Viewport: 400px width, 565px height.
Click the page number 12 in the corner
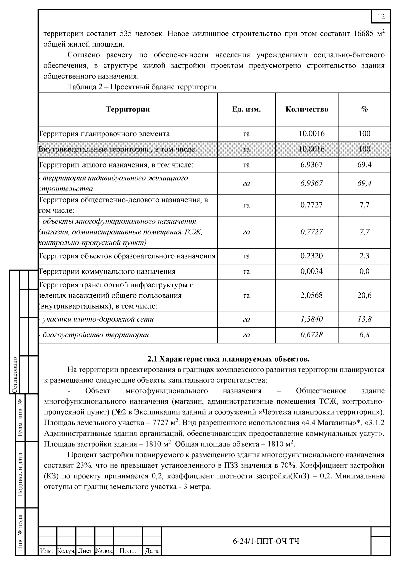(381, 17)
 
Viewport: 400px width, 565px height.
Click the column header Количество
(307, 109)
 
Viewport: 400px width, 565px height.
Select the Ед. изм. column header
(246, 109)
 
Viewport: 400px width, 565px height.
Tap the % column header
(364, 109)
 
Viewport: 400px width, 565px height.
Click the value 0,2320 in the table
(311, 256)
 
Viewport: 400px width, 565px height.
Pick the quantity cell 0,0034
(311, 271)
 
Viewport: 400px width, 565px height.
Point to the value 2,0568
(311, 295)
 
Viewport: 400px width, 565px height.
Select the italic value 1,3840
(311, 319)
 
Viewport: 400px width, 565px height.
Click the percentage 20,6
(364, 295)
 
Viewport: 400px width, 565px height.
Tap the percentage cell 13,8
(364, 319)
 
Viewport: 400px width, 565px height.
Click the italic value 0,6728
(311, 335)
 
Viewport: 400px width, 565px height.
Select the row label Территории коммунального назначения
(107, 272)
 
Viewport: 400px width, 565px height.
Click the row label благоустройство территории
(95, 335)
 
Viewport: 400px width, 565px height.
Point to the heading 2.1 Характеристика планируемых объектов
(229, 359)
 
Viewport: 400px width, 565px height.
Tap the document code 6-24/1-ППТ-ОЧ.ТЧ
(266, 541)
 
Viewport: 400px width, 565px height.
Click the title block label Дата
(152, 551)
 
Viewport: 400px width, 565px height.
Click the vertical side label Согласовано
(15, 375)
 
